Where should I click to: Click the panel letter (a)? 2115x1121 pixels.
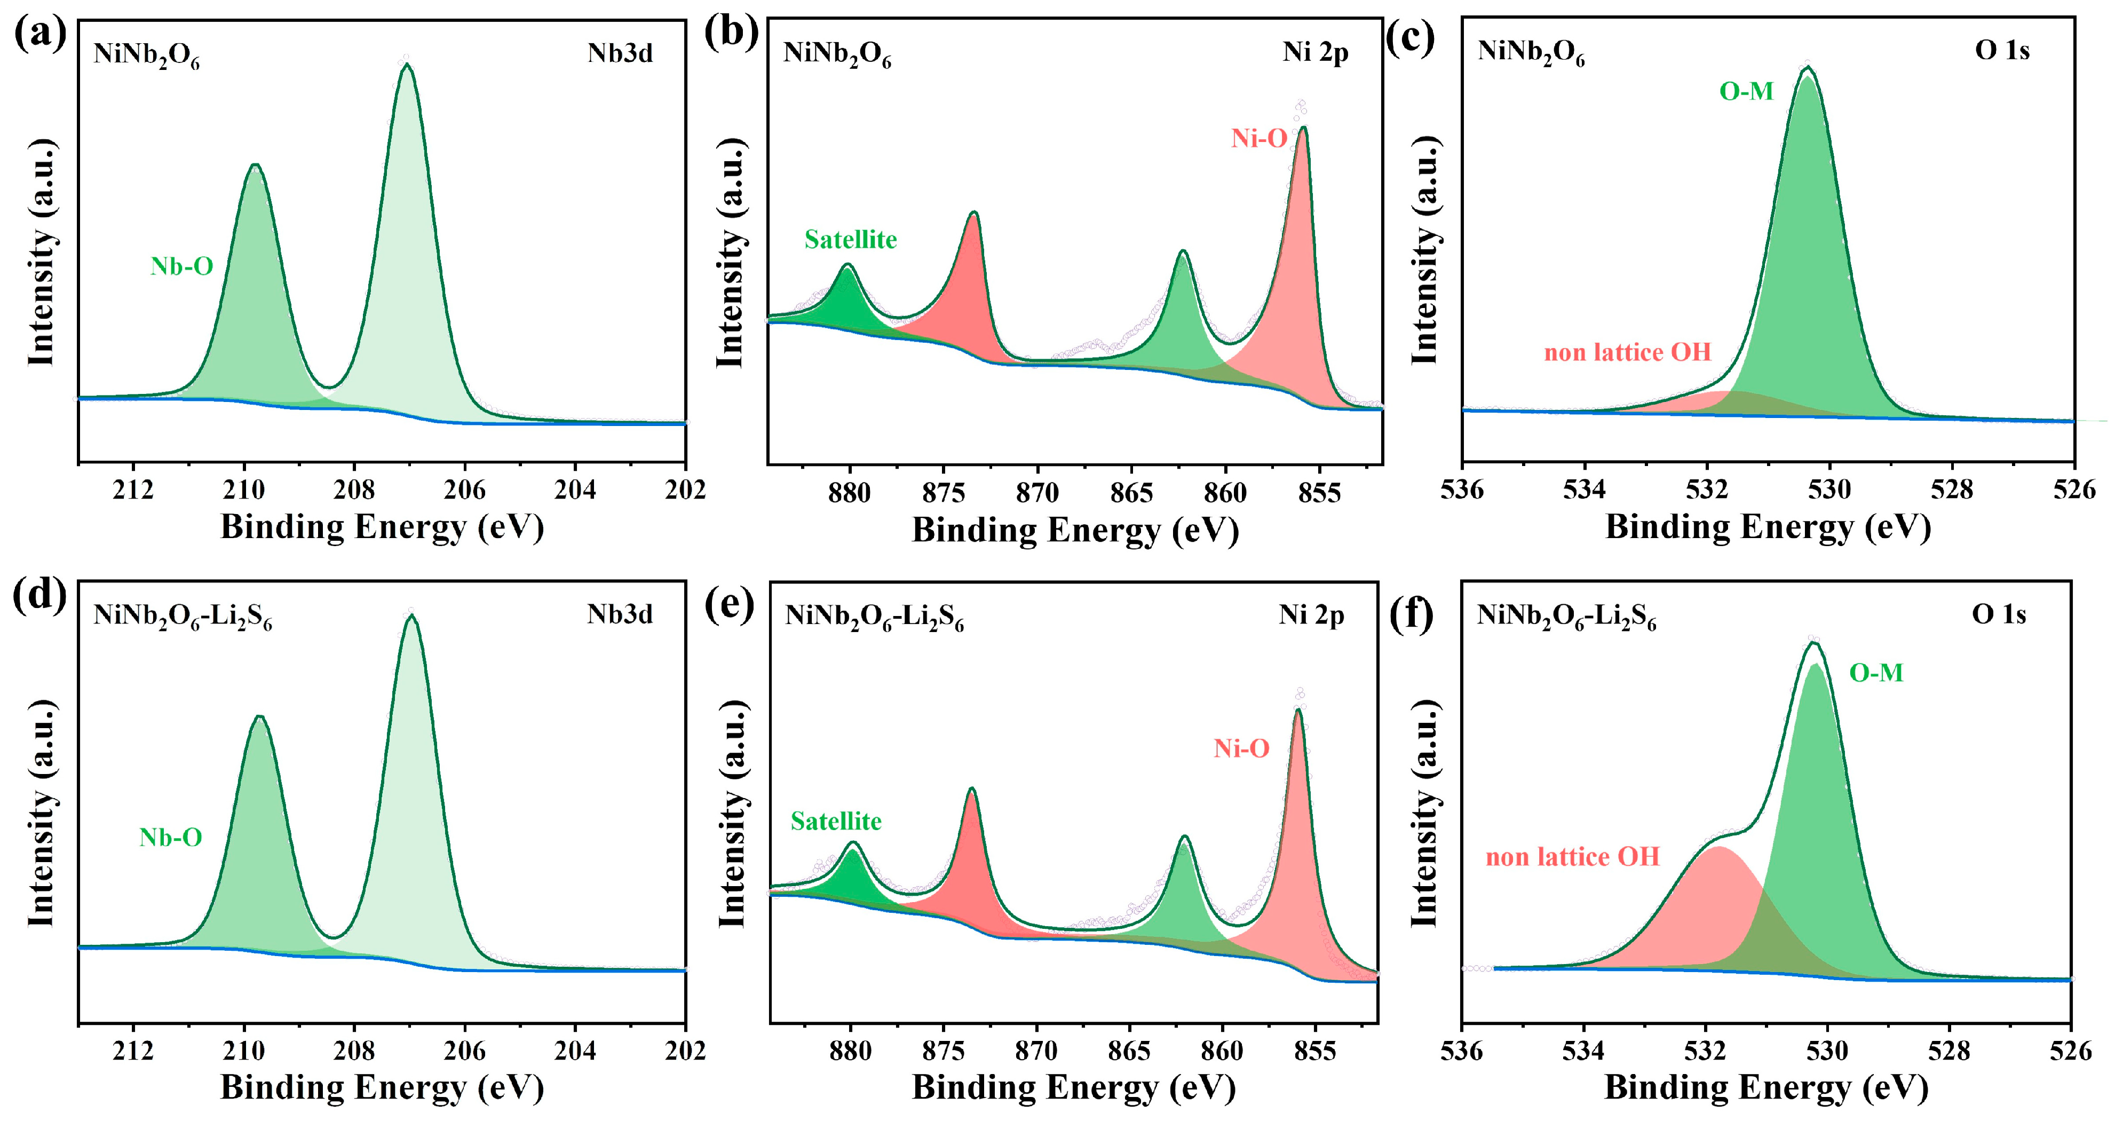click(x=39, y=35)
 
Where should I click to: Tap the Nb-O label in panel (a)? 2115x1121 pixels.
click(x=181, y=266)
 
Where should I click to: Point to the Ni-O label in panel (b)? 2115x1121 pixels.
click(x=1258, y=139)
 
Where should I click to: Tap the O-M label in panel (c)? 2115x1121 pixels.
click(x=1746, y=91)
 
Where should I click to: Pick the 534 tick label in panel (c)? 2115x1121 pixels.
click(x=1584, y=490)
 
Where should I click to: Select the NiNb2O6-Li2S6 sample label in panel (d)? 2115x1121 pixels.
click(x=183, y=616)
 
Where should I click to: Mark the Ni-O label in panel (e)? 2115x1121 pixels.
click(x=1241, y=748)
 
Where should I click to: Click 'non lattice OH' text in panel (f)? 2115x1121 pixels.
click(x=1572, y=857)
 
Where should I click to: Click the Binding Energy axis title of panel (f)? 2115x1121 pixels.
click(x=1765, y=1087)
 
